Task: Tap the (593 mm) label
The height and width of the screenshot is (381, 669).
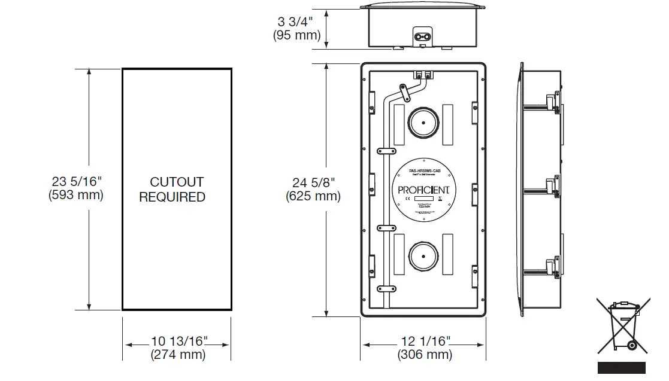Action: point(75,196)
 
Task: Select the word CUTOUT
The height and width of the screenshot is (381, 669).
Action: point(177,182)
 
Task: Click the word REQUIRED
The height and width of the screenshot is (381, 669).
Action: point(172,197)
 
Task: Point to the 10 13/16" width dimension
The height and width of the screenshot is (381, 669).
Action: point(179,342)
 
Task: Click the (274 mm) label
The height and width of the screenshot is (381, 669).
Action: point(178,355)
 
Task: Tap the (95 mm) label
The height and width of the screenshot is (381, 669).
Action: point(296,35)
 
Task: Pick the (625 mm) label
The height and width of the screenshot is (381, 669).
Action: point(313,196)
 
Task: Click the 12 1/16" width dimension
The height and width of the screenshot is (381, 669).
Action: point(425,342)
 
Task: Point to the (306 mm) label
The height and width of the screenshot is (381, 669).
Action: point(425,355)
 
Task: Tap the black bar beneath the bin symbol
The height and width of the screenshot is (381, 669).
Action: point(621,368)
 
